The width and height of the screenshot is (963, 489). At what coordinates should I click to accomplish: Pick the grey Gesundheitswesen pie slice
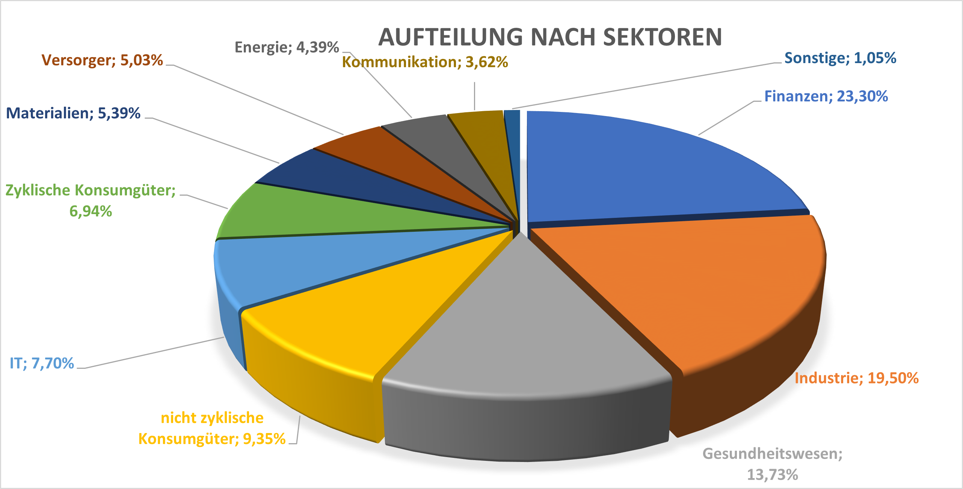coord(526,331)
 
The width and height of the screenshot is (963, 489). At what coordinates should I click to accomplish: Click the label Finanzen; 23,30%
coord(826,96)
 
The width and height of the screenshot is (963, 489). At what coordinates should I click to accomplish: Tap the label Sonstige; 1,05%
coord(840,58)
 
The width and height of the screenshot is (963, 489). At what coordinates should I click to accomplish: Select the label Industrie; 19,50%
coord(856,378)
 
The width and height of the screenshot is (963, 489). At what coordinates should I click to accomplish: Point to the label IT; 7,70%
coord(42,363)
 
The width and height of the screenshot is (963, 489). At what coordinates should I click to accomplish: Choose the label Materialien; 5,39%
coord(73,113)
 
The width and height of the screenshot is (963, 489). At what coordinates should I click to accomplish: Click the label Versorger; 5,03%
coord(102,60)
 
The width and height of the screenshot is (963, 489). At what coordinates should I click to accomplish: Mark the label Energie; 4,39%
coord(287,47)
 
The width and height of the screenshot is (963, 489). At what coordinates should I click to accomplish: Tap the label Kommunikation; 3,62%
coord(425,62)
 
